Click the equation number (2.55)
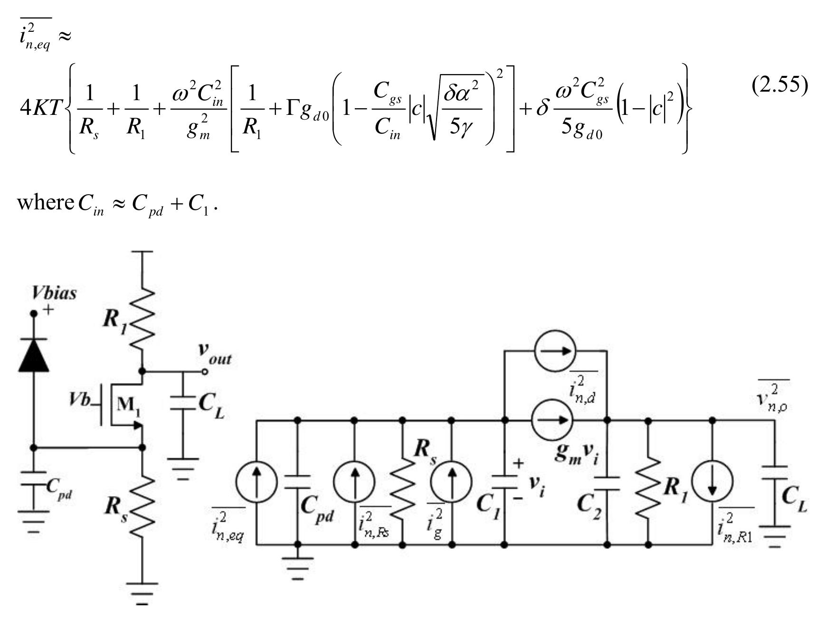(779, 85)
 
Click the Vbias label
(54, 293)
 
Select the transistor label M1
(128, 404)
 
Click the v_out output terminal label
(215, 354)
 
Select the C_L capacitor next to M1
(183, 403)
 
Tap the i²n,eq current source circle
(256, 482)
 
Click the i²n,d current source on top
(555, 351)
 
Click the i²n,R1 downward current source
(712, 482)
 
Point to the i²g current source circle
(451, 482)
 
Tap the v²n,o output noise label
(772, 399)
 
